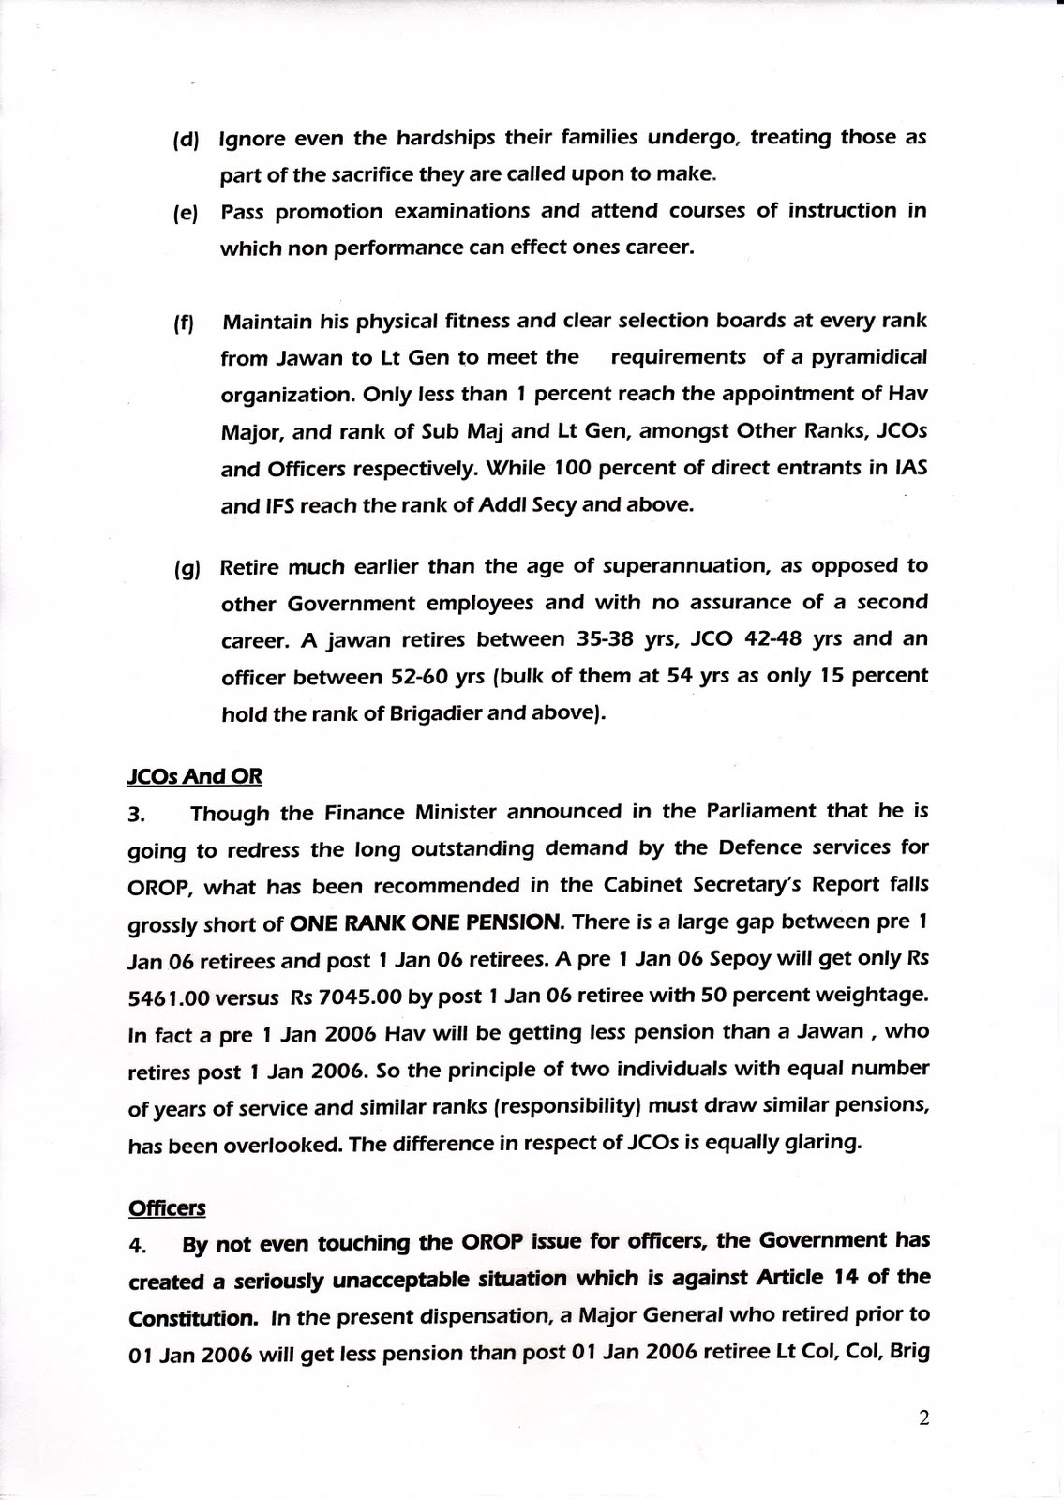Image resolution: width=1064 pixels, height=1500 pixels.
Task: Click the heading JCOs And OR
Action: pos(194,776)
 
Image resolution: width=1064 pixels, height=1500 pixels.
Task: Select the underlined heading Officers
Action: pos(166,1208)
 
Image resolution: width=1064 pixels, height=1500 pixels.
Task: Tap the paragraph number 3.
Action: pos(136,814)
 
